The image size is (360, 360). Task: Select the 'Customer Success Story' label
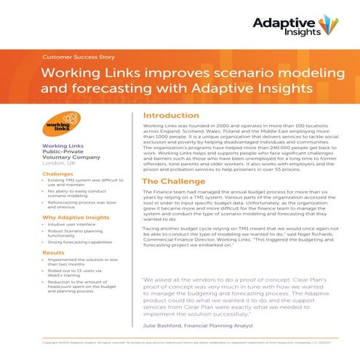(76, 56)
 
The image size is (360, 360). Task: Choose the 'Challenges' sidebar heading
(57, 174)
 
